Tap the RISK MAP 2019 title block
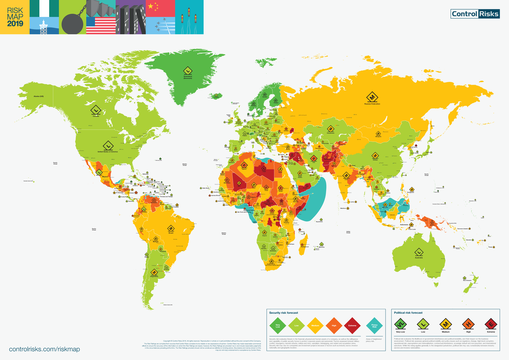click(14, 17)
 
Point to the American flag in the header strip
click(101, 25)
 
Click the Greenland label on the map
click(188, 78)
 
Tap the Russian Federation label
click(372, 104)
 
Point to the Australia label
click(418, 258)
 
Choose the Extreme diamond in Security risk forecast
click(352, 326)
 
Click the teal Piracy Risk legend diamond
click(374, 326)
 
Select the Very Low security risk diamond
click(278, 326)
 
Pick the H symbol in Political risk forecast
click(468, 325)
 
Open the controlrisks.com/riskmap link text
click(45, 349)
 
